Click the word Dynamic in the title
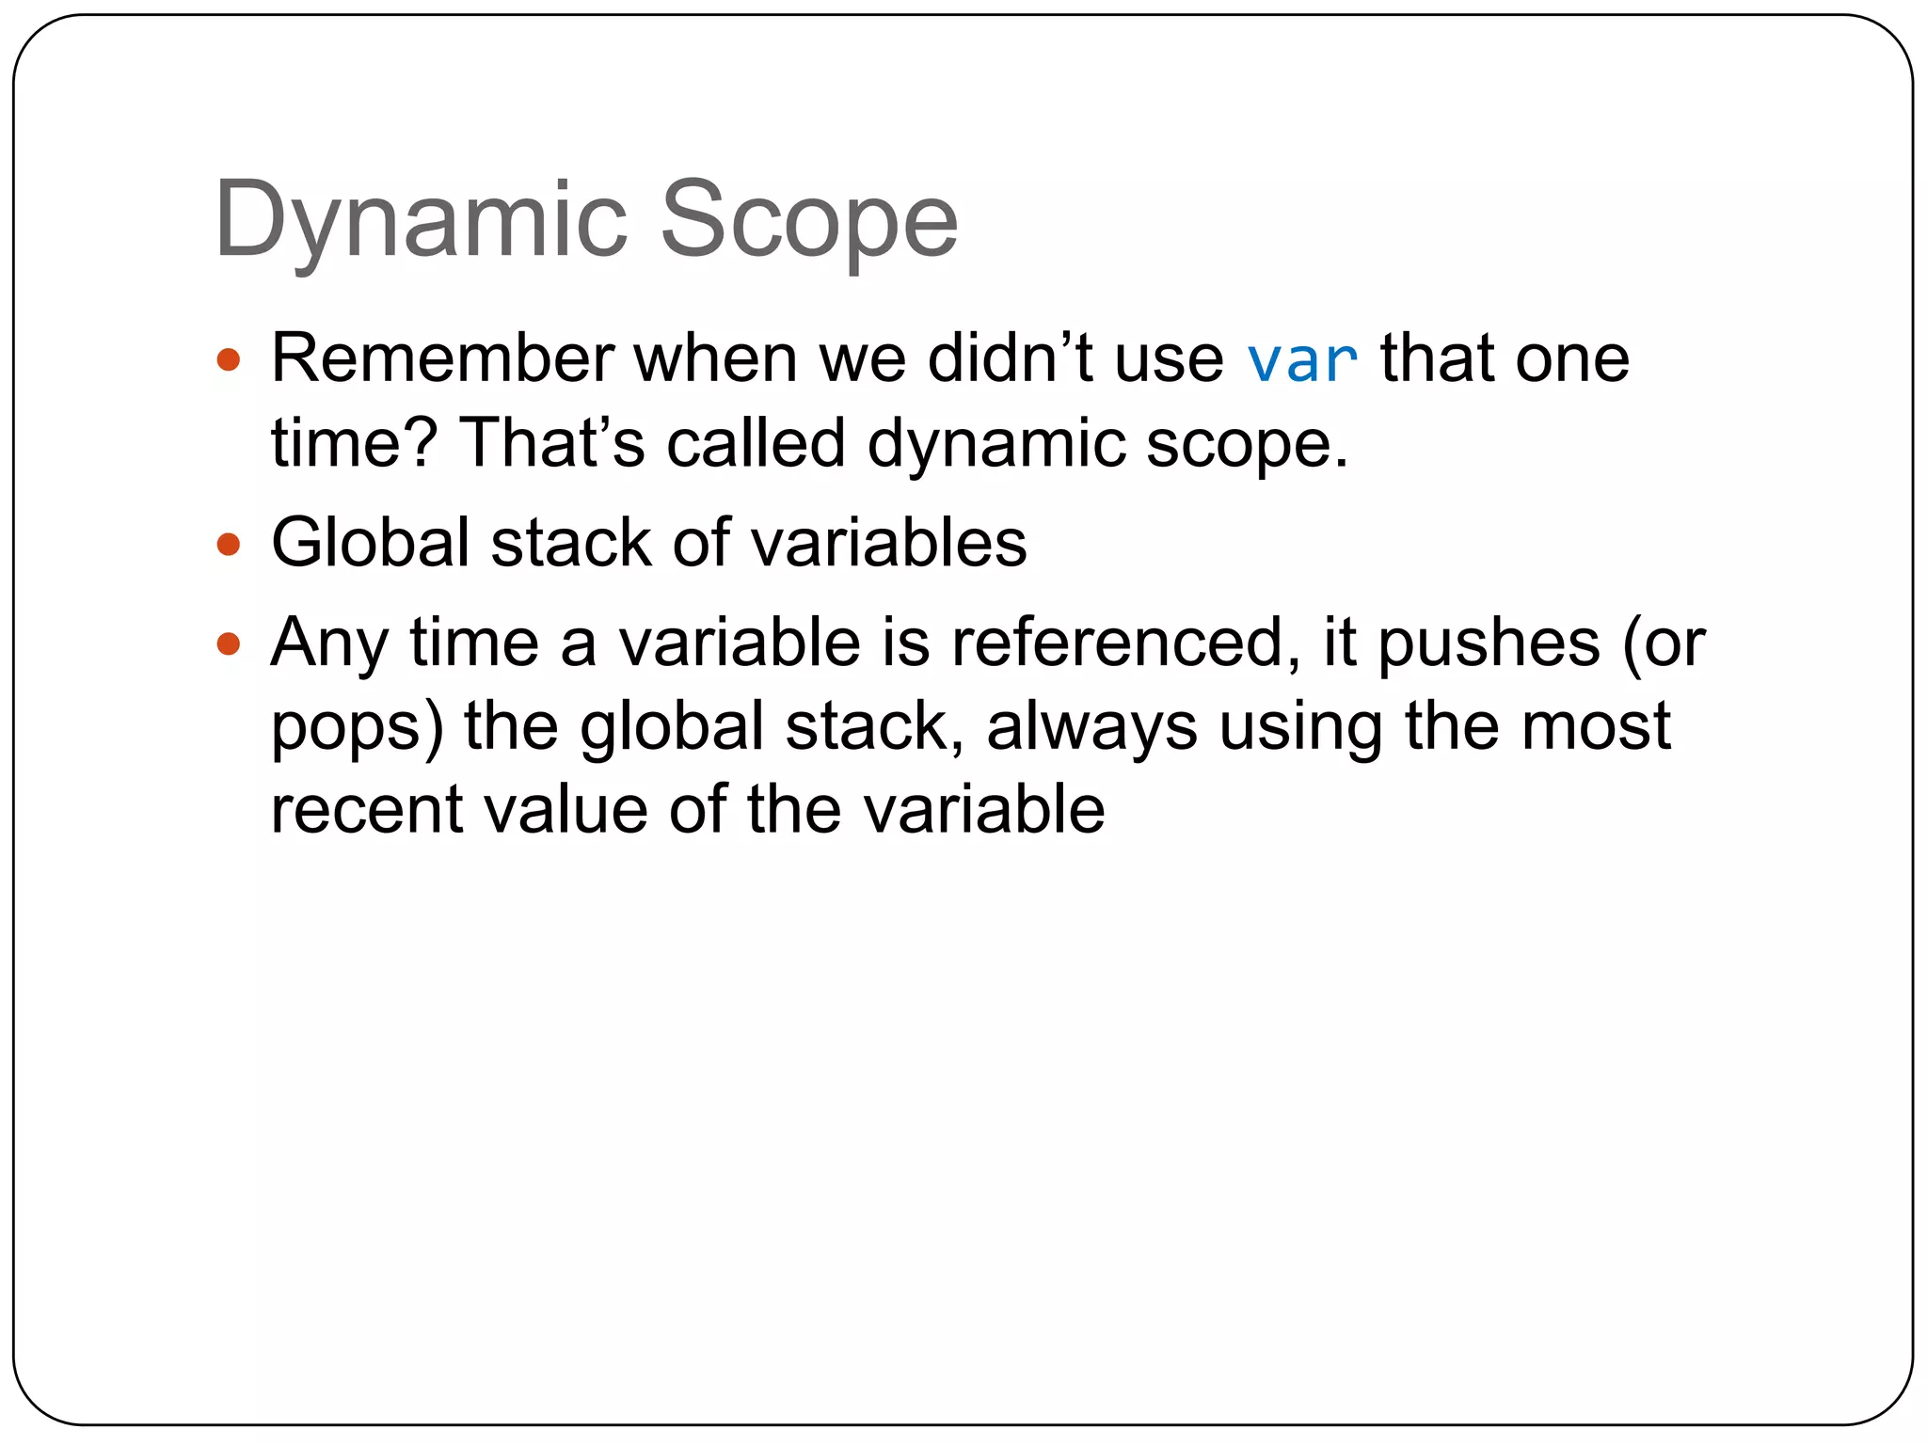421,222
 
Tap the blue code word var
1302,361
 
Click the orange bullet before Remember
229,359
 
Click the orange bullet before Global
229,544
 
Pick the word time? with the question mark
354,442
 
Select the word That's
551,442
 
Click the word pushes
1489,644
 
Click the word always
1091,727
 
